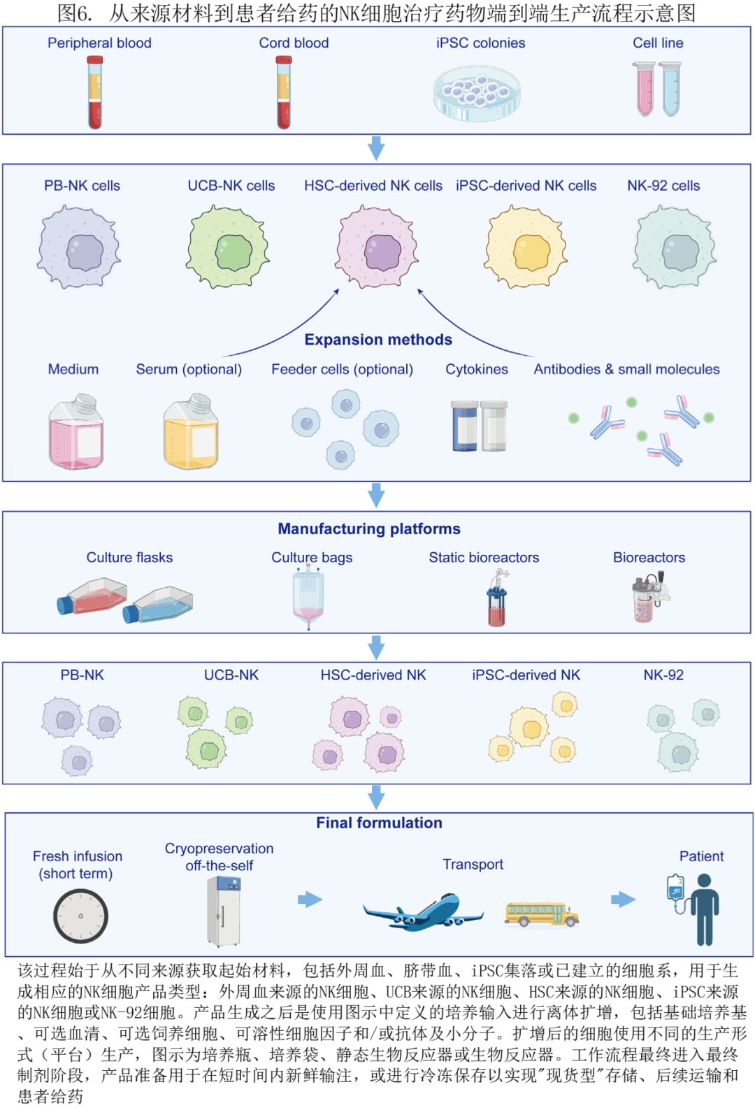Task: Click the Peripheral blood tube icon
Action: [x=95, y=93]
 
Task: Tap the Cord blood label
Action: [x=294, y=43]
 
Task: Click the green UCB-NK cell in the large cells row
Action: [x=228, y=247]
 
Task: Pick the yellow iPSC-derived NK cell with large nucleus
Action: [x=526, y=247]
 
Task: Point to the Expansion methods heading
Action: [x=378, y=340]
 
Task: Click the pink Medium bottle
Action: [x=75, y=433]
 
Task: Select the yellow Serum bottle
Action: [x=190, y=433]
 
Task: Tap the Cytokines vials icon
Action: [x=479, y=426]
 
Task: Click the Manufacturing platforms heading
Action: [x=369, y=528]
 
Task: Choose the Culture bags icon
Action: [x=308, y=598]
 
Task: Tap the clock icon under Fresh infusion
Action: [x=80, y=916]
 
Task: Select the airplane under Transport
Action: [x=422, y=911]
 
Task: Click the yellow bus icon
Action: [x=542, y=913]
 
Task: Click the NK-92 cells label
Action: [x=663, y=185]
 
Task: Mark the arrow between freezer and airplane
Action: [x=310, y=899]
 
